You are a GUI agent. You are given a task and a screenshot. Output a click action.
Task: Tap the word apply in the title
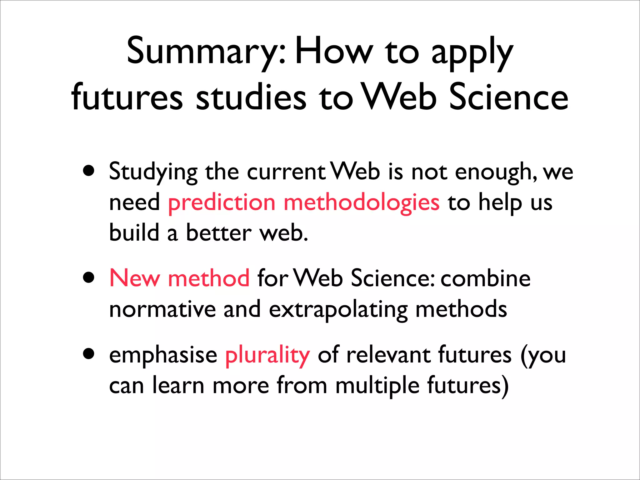[x=472, y=53]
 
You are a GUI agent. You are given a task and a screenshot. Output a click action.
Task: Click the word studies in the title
[x=251, y=97]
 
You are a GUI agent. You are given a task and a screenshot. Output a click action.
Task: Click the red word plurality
[x=267, y=356]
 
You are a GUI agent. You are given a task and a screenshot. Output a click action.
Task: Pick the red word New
[x=134, y=278]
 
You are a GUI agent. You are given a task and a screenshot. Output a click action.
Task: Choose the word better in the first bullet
[x=219, y=233]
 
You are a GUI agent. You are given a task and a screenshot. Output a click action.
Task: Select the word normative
[x=162, y=309]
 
